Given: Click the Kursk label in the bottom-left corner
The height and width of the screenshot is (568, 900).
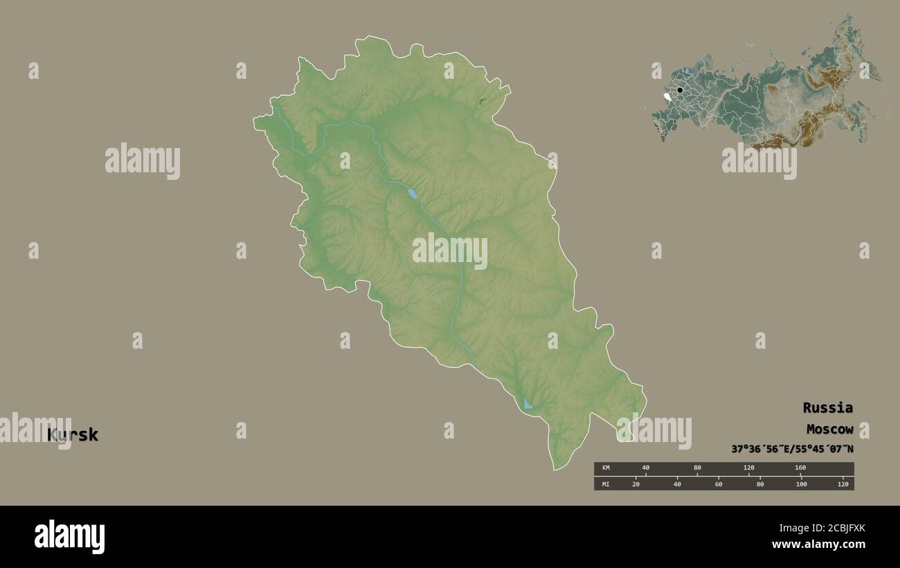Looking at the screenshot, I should [73, 435].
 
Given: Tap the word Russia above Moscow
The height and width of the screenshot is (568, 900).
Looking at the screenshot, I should [827, 407].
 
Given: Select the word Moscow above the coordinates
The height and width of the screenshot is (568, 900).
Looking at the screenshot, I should [829, 430].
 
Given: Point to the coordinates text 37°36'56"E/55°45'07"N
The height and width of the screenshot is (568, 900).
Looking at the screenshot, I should [792, 449].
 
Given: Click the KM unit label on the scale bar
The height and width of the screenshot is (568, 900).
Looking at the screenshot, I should [606, 468].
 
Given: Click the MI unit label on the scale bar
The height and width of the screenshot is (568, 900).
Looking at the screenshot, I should [606, 484].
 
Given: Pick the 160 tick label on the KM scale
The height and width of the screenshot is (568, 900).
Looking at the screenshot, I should [800, 468].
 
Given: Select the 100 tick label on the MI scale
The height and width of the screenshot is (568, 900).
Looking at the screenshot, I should [801, 484].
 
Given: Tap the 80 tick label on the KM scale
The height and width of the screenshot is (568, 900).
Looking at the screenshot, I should [697, 468].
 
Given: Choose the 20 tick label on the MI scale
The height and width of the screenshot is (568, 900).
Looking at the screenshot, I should [636, 484].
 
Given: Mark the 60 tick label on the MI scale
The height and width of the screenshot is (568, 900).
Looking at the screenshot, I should [719, 484].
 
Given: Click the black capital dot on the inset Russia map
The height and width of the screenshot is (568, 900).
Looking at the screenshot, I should [680, 90].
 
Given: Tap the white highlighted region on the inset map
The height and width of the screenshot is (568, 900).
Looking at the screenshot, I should [667, 97].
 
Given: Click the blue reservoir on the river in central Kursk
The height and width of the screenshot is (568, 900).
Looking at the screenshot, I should [413, 194].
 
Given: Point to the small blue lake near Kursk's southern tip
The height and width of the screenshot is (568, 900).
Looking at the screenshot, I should [528, 404].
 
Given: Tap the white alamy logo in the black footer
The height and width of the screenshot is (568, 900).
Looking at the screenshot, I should [69, 537].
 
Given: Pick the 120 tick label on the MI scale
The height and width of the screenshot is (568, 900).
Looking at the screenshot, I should [843, 484].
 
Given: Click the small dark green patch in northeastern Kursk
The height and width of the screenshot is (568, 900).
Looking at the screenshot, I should [481, 102].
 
